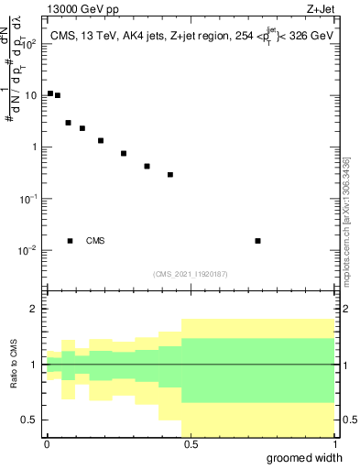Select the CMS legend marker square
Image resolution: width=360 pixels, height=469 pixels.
(70, 241)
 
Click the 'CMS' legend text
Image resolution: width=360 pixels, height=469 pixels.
(95, 241)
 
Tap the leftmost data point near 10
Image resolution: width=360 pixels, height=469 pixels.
(50, 93)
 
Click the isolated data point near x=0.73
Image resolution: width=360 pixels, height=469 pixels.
(257, 241)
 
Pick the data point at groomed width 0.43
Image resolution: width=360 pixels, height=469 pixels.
(170, 174)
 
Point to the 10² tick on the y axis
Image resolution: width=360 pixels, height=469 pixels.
(28, 44)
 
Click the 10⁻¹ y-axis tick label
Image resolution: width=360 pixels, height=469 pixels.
(28, 199)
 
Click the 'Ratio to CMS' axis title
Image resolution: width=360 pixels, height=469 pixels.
(14, 364)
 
